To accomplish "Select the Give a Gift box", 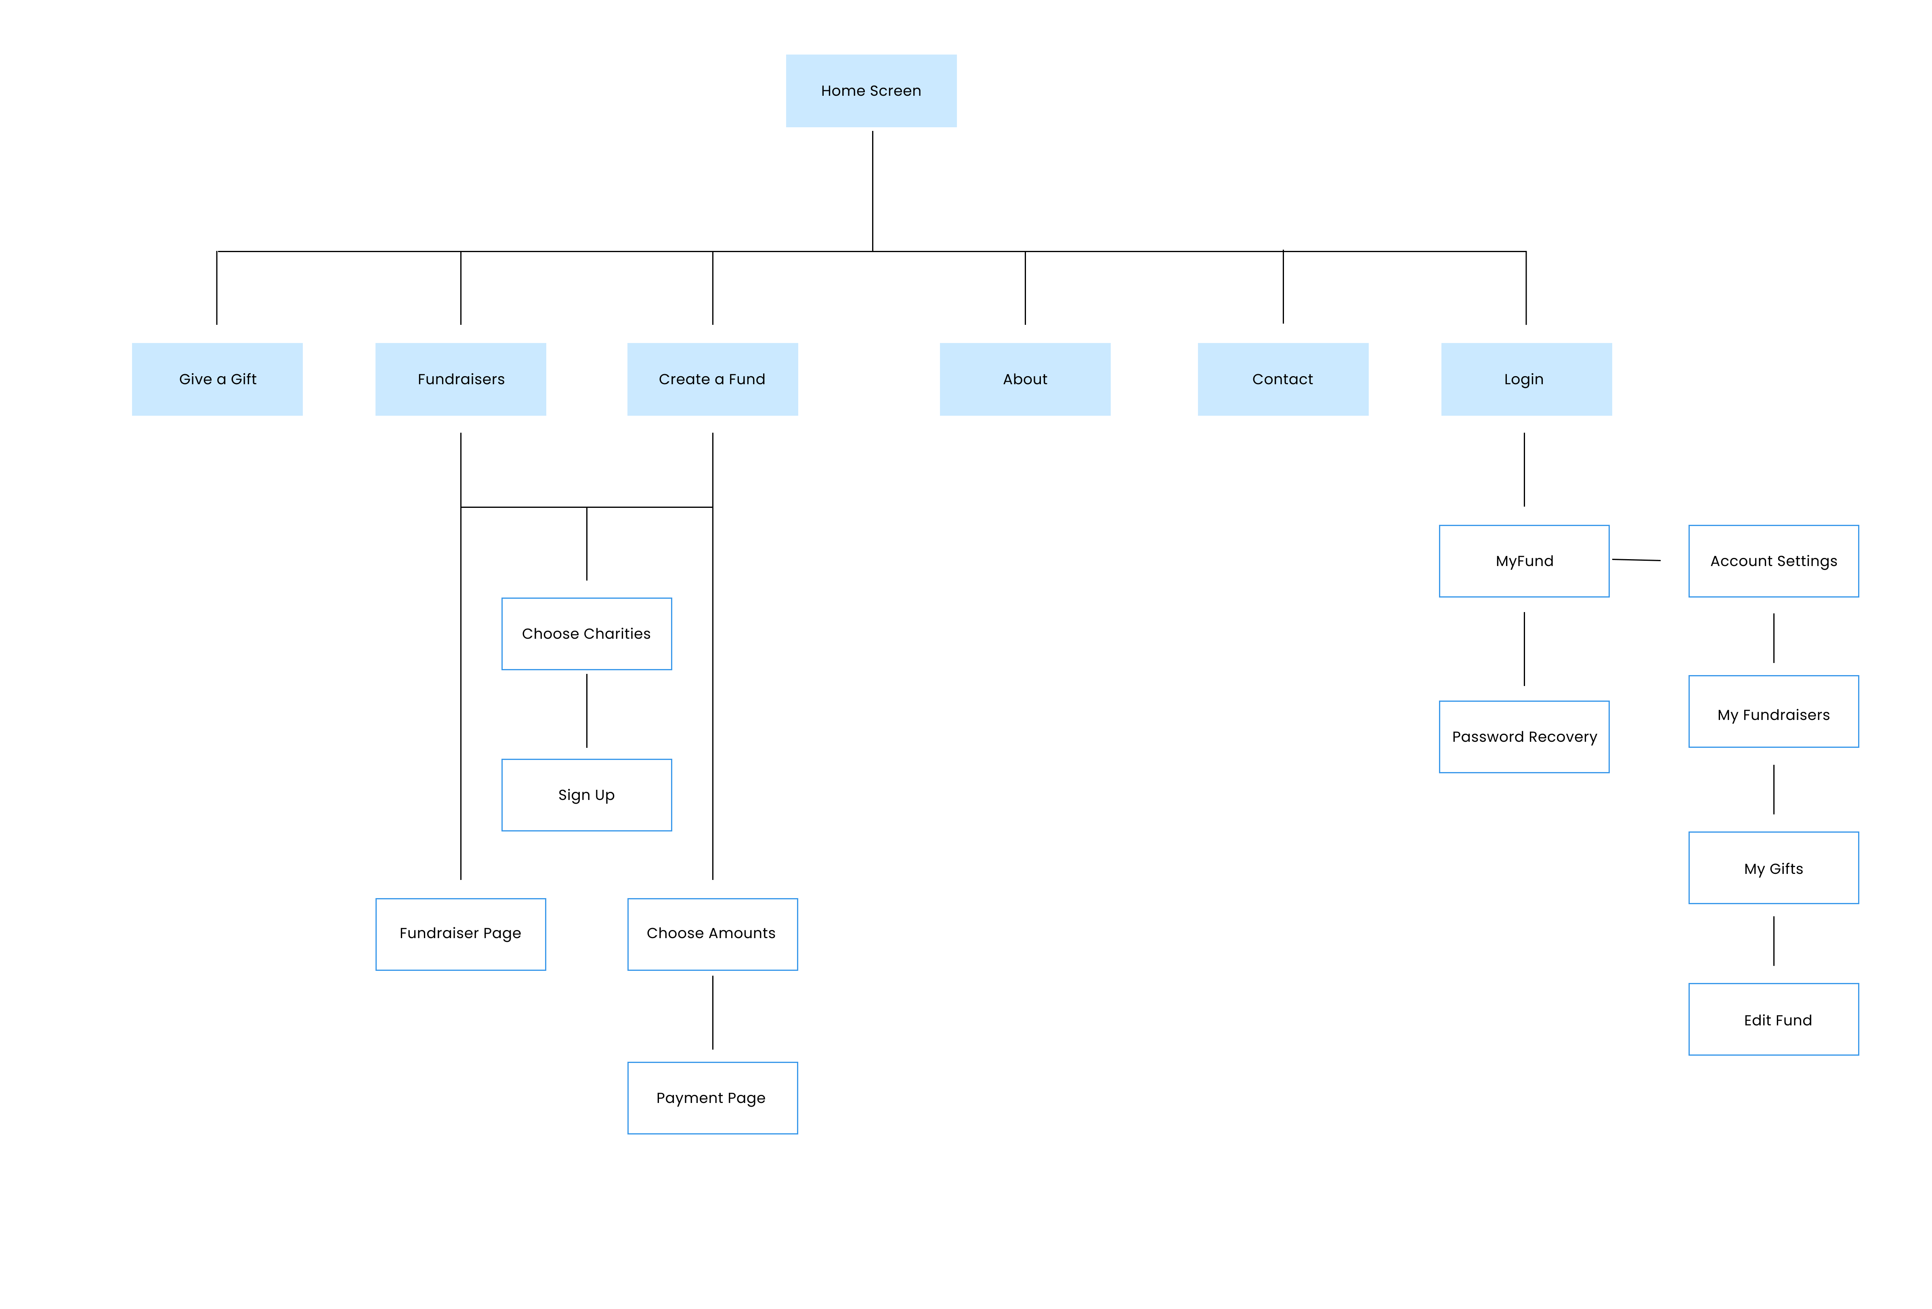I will pyautogui.click(x=217, y=379).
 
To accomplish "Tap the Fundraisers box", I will pyautogui.click(x=461, y=379).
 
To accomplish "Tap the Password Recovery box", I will pyautogui.click(x=1524, y=737).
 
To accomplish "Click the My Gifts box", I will pyautogui.click(x=1773, y=868).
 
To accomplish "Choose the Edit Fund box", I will pyautogui.click(x=1773, y=1020).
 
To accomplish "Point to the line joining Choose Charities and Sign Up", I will pyautogui.click(x=587, y=711).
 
